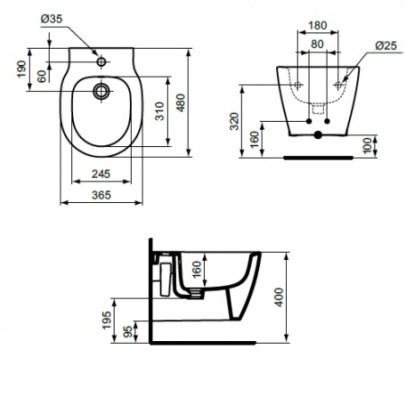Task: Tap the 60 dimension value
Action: (x=42, y=76)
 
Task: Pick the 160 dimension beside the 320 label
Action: (x=256, y=141)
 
